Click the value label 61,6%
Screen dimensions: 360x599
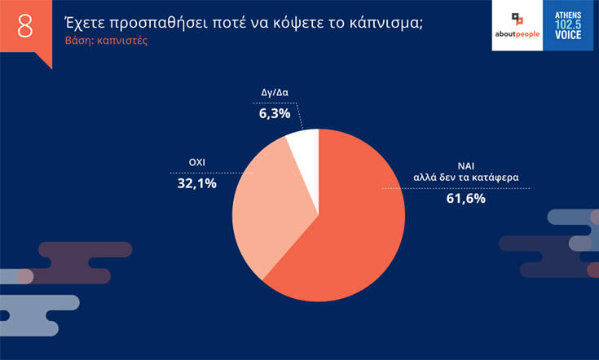point(465,197)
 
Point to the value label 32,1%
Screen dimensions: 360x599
point(196,184)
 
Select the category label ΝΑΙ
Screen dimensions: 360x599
point(465,163)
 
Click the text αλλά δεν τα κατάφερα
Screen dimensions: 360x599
point(465,177)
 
